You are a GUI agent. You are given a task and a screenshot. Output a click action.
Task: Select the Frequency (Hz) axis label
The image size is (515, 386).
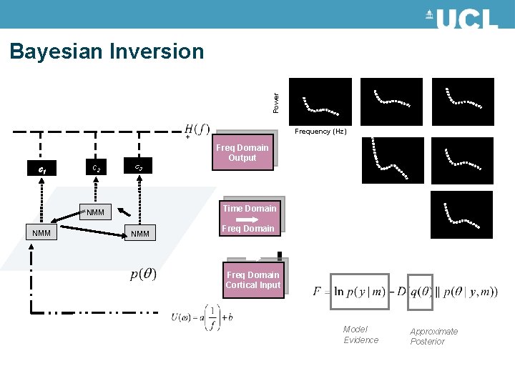320,132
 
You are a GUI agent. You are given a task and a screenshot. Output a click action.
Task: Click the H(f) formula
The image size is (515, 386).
197,129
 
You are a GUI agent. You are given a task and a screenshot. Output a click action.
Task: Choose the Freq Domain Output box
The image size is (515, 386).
242,153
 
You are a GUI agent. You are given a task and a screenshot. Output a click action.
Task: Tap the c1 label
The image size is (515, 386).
43,170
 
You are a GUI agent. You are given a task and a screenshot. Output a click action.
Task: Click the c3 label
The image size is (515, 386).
138,168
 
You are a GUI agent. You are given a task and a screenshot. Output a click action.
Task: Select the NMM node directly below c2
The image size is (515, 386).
95,212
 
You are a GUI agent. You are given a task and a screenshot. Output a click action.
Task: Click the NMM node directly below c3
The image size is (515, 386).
139,234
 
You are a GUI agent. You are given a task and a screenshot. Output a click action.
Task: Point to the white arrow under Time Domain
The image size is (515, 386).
247,219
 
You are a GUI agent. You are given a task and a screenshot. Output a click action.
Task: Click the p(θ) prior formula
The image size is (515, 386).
144,274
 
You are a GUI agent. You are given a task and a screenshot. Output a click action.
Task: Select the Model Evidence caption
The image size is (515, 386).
360,335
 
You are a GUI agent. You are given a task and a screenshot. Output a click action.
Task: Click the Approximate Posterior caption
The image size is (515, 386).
433,336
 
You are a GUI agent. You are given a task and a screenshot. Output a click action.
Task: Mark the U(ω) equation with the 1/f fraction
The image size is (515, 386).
202,318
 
